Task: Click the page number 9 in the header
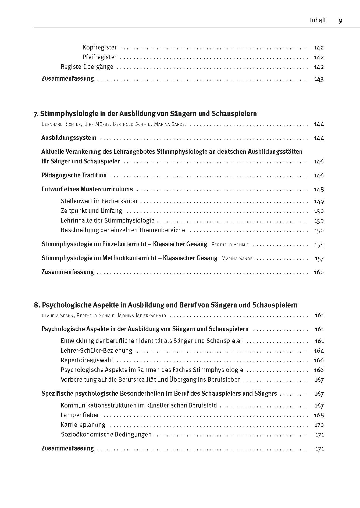(340, 21)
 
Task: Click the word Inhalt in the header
(318, 20)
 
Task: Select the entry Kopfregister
(99, 48)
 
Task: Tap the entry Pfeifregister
(99, 57)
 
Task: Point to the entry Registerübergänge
(87, 67)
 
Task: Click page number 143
(319, 79)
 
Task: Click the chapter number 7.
(36, 114)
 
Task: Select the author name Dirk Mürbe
(95, 124)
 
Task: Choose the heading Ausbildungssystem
(69, 138)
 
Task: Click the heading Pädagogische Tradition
(74, 176)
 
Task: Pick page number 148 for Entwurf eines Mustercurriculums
(319, 189)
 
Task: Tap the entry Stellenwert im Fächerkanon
(99, 201)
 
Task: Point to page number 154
(319, 245)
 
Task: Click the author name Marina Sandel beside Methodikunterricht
(238, 259)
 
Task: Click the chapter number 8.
(37, 305)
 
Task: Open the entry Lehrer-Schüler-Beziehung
(97, 351)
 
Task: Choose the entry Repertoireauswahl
(87, 360)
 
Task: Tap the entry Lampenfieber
(80, 415)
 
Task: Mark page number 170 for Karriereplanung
(319, 425)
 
